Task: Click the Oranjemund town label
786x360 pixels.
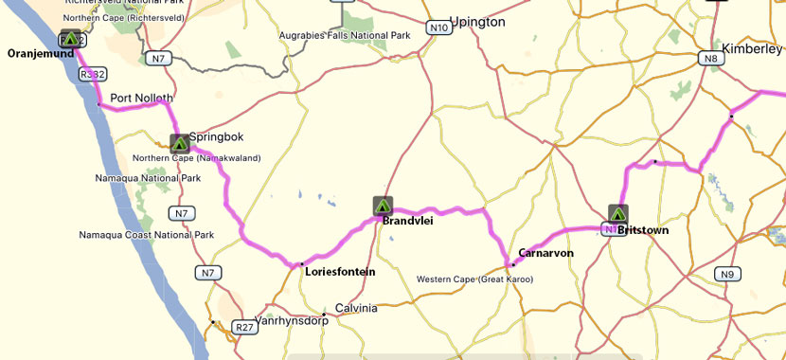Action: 41,53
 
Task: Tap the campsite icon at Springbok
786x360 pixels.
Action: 179,144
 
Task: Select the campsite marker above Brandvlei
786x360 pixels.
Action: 383,206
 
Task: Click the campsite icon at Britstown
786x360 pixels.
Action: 617,214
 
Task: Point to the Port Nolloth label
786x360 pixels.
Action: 141,98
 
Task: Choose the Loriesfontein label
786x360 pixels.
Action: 340,271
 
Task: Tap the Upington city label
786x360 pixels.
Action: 477,22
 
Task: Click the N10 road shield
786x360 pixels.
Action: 438,28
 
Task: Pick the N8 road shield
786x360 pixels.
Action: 712,59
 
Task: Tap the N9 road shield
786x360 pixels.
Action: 726,275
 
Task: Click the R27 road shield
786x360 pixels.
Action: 244,328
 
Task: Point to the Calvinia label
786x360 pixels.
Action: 356,309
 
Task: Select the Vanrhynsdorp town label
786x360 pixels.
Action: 296,320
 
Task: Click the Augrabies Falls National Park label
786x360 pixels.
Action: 344,36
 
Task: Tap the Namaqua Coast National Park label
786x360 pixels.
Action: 146,234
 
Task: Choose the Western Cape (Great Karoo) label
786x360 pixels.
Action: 474,279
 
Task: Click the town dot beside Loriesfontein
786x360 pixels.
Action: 301,264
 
